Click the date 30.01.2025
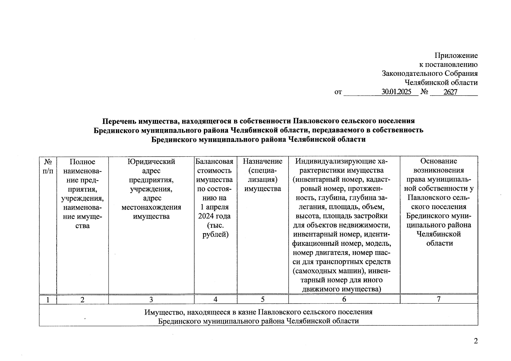[396, 92]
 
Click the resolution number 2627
[450, 92]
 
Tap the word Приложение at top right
[456, 56]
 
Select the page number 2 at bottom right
[476, 341]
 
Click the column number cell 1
[48, 300]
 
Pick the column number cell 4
[215, 300]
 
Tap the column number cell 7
[439, 299]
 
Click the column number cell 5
[263, 300]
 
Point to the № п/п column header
[48, 166]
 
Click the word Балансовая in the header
[214, 162]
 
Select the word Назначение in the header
[263, 162]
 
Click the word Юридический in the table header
[151, 162]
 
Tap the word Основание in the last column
[439, 161]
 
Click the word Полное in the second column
[82, 162]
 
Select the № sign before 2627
[424, 92]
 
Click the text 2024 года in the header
[214, 216]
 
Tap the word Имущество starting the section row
[163, 312]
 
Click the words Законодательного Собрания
[430, 73]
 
